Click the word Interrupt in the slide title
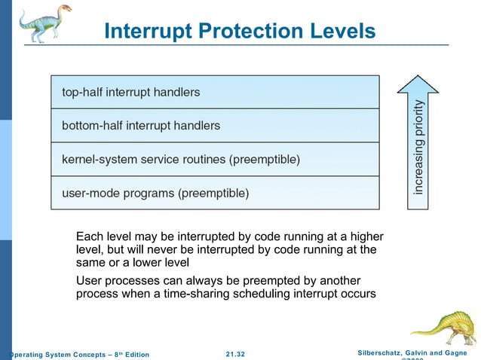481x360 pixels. click(144, 31)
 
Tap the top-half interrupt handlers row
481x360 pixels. click(215, 92)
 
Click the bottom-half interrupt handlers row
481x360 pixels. click(215, 126)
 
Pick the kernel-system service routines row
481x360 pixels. click(215, 160)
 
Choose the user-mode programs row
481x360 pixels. click(215, 193)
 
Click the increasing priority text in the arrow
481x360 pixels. click(418, 148)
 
